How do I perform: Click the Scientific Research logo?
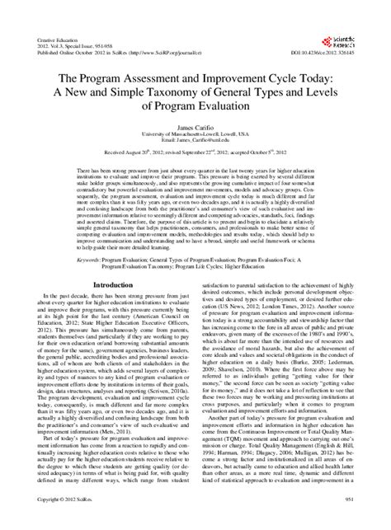pos(358,21)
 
